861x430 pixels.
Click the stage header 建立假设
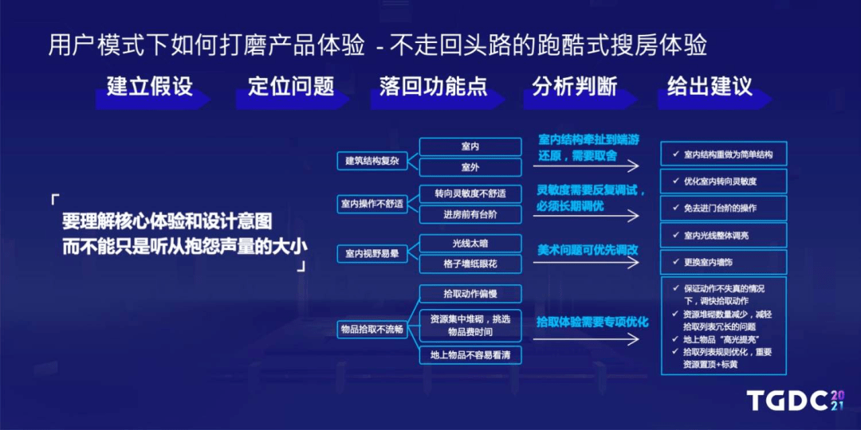(150, 87)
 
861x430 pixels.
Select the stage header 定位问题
(291, 87)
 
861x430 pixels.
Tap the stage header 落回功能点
(433, 87)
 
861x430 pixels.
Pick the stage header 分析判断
(575, 87)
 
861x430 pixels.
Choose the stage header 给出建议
(710, 87)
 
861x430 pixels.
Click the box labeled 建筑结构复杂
(372, 161)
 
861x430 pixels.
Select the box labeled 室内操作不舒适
(372, 204)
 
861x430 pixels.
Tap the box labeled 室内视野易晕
(372, 253)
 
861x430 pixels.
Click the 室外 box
(470, 167)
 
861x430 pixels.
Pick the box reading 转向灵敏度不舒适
(470, 193)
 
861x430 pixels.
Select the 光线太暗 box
(470, 243)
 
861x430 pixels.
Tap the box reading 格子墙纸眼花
(470, 264)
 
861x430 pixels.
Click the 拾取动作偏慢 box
(470, 294)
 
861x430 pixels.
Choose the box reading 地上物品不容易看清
(470, 354)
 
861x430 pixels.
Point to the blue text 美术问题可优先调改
(588, 249)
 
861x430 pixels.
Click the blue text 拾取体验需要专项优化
(592, 322)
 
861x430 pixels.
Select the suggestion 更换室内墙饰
(724, 262)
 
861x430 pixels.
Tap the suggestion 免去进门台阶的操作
(724, 208)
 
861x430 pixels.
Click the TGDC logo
(797, 401)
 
